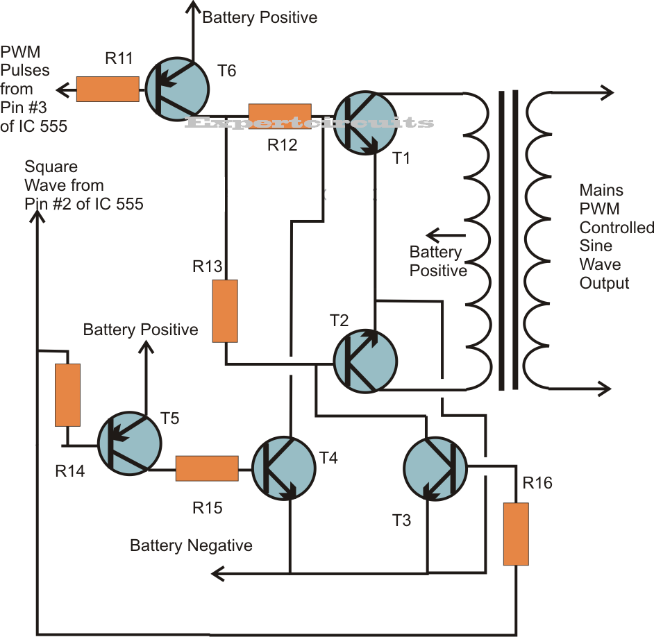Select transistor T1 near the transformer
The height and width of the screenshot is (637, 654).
point(365,123)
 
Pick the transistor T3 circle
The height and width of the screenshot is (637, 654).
point(435,469)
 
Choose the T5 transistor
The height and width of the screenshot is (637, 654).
point(129,441)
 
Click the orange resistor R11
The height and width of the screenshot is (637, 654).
point(107,89)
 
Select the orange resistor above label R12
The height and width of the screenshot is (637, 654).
point(280,116)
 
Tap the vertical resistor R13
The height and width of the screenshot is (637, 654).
point(225,311)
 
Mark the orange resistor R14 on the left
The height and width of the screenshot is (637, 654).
point(67,395)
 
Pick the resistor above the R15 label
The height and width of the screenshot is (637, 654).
point(207,468)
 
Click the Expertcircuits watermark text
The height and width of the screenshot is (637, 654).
point(309,123)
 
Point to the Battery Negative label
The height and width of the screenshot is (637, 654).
point(191,546)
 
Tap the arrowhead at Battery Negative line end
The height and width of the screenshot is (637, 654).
point(217,573)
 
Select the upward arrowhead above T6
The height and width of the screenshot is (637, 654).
point(193,7)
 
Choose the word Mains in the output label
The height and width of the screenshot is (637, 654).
point(601,190)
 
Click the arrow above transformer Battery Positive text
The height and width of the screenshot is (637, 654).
point(435,234)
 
